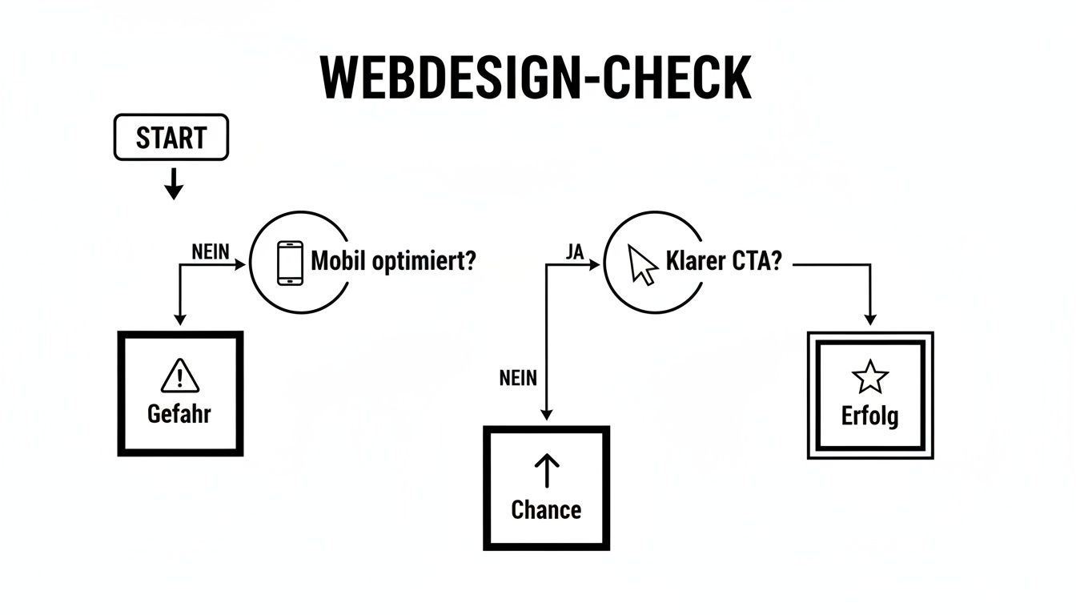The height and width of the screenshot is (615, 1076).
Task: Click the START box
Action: coord(171,138)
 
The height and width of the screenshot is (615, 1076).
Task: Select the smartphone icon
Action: coord(290,263)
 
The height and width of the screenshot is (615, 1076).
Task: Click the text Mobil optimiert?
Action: coord(392,262)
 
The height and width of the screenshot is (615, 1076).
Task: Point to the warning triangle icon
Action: coord(180,376)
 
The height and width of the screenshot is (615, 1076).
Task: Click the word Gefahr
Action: coord(180,414)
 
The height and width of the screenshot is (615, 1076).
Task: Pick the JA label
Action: coord(574,251)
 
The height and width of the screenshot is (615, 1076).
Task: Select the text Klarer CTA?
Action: coord(723,263)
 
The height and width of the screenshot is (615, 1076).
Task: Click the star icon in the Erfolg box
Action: coord(870,377)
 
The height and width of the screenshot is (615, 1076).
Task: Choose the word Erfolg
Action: coord(870,416)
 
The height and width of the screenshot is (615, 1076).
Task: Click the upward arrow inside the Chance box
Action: coord(546,472)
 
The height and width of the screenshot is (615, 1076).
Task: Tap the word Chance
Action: coord(546,509)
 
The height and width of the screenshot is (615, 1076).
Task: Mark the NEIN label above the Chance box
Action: coord(518,378)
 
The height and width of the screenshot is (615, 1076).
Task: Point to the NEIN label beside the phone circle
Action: coord(211,251)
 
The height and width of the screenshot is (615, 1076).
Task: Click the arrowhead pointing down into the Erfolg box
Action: coord(870,320)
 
